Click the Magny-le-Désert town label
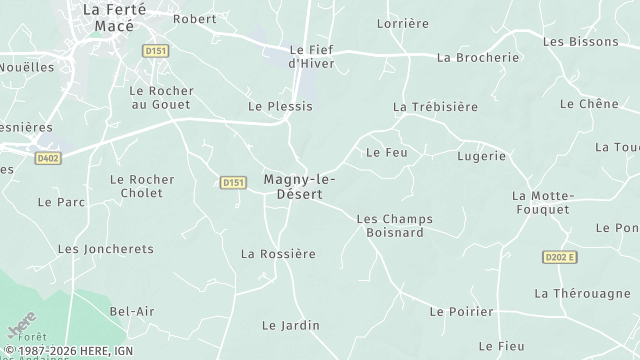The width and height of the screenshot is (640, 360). click(300, 187)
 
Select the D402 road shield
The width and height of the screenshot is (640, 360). click(47, 157)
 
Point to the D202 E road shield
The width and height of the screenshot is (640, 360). click(560, 257)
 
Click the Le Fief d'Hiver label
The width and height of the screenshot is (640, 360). click(311, 56)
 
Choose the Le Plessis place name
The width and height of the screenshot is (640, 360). click(280, 106)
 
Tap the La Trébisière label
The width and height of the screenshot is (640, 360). click(435, 107)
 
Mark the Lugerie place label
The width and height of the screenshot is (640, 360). click(481, 157)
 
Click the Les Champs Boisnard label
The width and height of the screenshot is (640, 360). click(390, 225)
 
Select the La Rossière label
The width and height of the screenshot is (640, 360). click(278, 254)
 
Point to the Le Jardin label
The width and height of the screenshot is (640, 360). click(290, 325)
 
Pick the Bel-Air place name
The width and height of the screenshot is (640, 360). click(132, 312)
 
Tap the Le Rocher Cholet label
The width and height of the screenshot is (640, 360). click(142, 186)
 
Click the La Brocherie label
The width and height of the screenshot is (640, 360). click(478, 57)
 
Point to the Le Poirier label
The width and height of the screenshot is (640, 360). click(461, 312)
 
